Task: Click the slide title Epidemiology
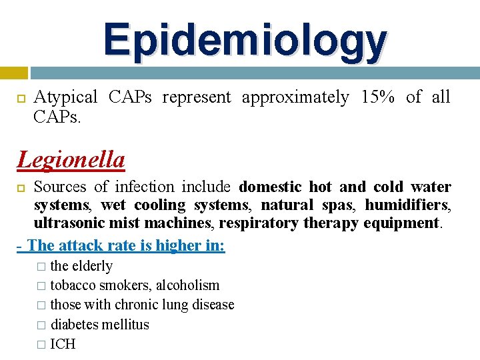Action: pyautogui.click(x=245, y=40)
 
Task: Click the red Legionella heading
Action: pyautogui.click(x=71, y=160)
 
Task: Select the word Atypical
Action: pyautogui.click(x=65, y=97)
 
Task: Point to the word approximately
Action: pyautogui.click(x=294, y=97)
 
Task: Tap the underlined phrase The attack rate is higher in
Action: pyautogui.click(x=124, y=245)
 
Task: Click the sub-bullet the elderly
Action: pyautogui.click(x=81, y=266)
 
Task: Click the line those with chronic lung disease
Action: pyautogui.click(x=142, y=305)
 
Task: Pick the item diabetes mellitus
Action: pyautogui.click(x=100, y=325)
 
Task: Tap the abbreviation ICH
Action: pyautogui.click(x=63, y=344)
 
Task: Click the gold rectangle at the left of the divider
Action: pyautogui.click(x=13, y=73)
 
